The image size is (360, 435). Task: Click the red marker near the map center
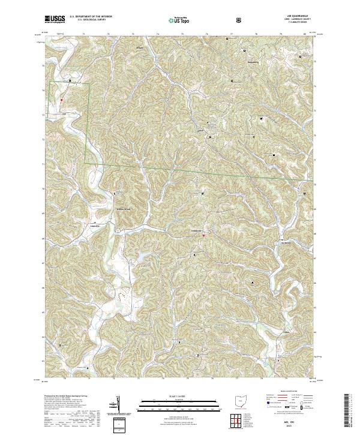click(x=203, y=235)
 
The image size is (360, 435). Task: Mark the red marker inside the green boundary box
click(x=61, y=101)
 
